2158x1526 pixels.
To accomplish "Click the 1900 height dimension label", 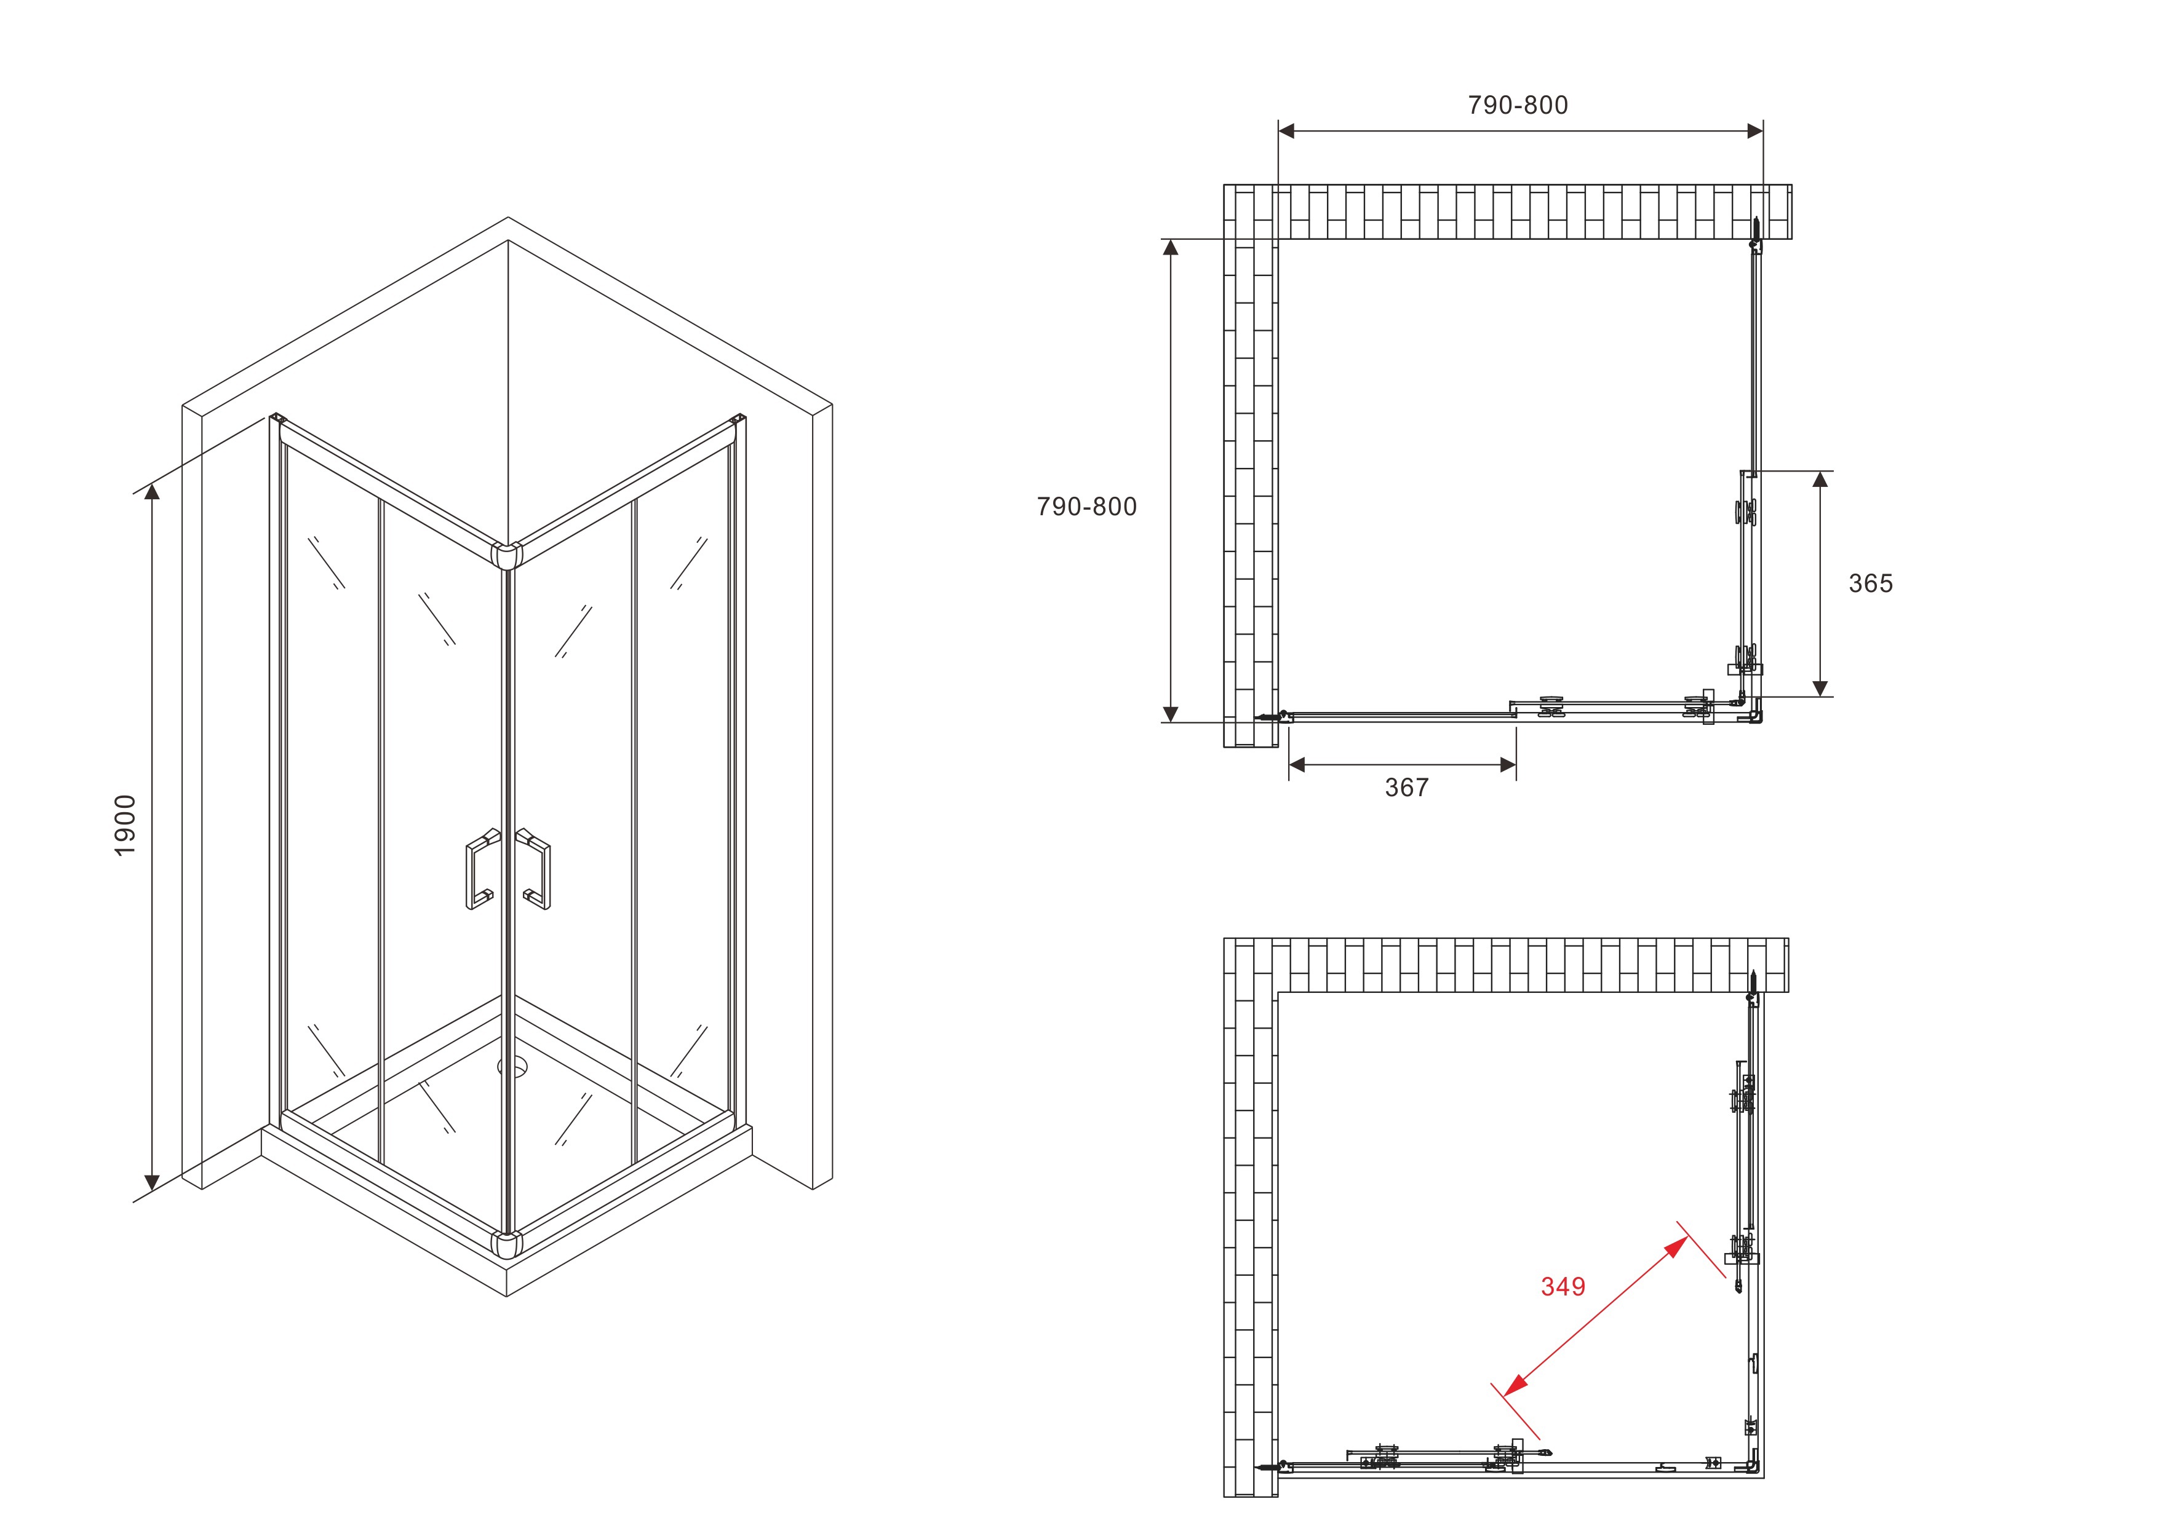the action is click(125, 825).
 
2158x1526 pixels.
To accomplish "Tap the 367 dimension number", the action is click(1406, 788).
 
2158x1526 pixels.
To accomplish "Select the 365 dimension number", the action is click(1870, 583).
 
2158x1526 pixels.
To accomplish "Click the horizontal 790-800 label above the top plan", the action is click(1518, 105).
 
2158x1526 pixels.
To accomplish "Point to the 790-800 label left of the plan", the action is click(1086, 507).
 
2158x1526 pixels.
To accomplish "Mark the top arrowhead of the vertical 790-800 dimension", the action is click(1170, 248).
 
